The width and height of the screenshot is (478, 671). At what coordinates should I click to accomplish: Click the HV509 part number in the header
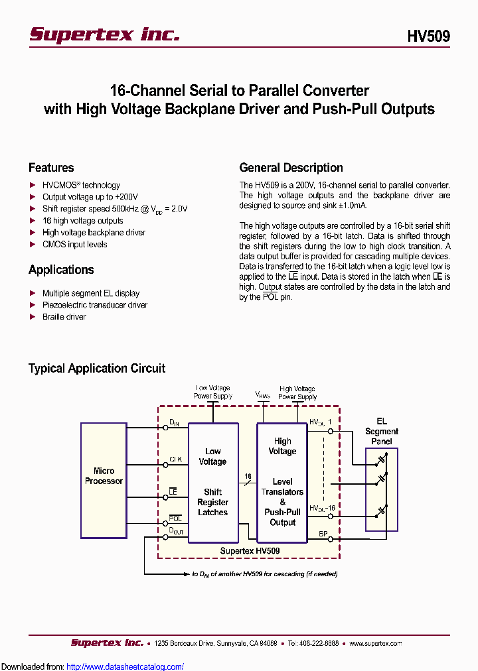pos(428,36)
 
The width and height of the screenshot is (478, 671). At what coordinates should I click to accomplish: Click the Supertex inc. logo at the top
pos(104,34)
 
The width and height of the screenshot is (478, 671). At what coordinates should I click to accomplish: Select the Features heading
pos(51,168)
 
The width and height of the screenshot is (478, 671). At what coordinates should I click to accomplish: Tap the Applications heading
pos(61,270)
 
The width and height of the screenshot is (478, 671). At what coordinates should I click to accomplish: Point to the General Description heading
pos(291,168)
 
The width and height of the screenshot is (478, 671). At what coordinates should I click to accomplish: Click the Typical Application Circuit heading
pos(97,369)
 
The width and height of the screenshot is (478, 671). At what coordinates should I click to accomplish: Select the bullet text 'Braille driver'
pos(64,317)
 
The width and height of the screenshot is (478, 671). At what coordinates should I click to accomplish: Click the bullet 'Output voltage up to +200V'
pos(90,197)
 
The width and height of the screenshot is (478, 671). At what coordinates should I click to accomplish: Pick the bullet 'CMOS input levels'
pos(74,245)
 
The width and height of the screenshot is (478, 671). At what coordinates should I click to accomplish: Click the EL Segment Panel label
pos(382,431)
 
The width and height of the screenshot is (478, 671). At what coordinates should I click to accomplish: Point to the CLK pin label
pos(175,459)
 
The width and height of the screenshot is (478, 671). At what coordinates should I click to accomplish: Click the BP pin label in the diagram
pos(323,533)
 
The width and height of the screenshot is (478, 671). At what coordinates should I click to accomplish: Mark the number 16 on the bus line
pos(248,476)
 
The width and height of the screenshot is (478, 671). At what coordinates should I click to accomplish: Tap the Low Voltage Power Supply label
pos(212,392)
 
